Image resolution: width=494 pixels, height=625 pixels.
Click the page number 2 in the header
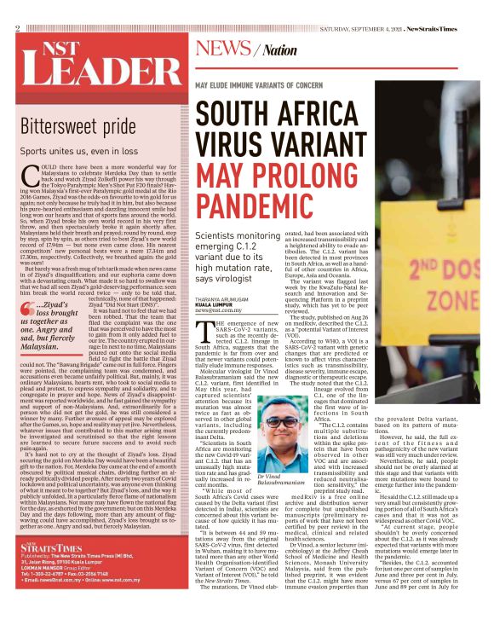click(x=17, y=29)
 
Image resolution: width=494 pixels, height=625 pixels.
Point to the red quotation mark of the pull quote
click(x=27, y=306)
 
